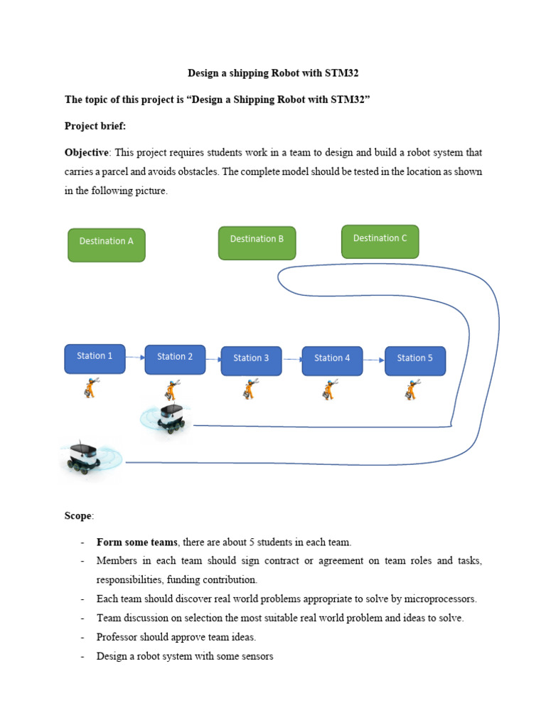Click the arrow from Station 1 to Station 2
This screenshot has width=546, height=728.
[135, 358]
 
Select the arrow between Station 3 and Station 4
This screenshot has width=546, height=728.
[291, 360]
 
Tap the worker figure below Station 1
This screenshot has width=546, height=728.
[91, 388]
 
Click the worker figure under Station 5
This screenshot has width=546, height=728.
[412, 390]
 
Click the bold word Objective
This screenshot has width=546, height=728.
[87, 153]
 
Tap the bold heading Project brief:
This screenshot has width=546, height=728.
[95, 126]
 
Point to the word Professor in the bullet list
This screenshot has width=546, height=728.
[118, 638]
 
